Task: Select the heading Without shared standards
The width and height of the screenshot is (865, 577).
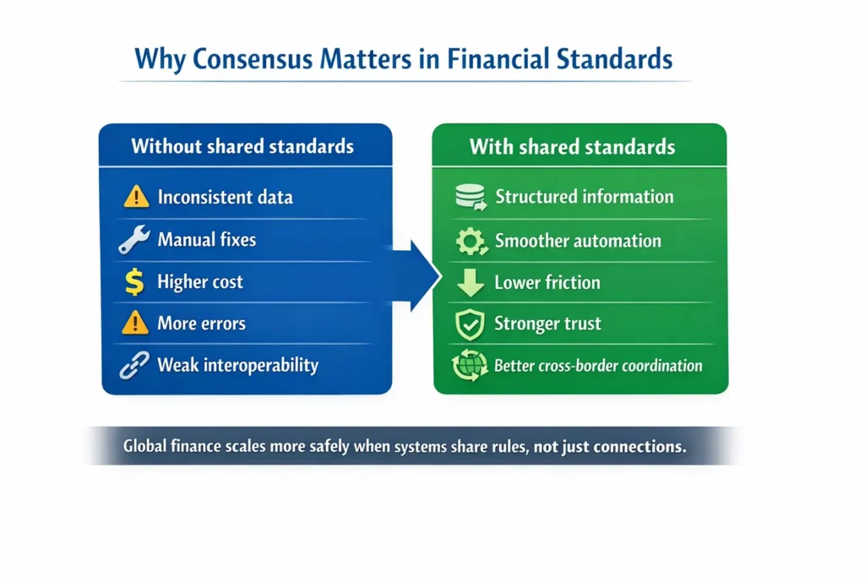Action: click(x=242, y=146)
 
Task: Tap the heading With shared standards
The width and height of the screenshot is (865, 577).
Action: click(x=572, y=147)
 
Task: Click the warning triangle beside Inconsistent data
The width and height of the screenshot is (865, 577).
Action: click(x=135, y=198)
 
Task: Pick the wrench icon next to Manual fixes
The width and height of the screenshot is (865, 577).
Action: click(x=134, y=240)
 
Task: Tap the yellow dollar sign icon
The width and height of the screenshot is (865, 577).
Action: click(x=134, y=281)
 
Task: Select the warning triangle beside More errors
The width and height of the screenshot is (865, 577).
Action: click(x=135, y=323)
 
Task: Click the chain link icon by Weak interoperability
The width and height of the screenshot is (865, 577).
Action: click(x=134, y=365)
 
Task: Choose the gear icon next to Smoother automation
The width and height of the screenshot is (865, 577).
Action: click(x=469, y=242)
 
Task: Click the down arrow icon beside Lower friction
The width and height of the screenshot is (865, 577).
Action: click(x=469, y=283)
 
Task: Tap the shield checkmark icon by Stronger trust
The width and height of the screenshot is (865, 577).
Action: click(x=469, y=324)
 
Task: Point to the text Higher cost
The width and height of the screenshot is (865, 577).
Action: click(x=200, y=282)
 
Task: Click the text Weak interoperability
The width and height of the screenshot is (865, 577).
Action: click(x=237, y=365)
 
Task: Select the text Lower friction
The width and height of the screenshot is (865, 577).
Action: click(x=547, y=283)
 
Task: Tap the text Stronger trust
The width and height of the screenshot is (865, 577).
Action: click(x=548, y=324)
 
